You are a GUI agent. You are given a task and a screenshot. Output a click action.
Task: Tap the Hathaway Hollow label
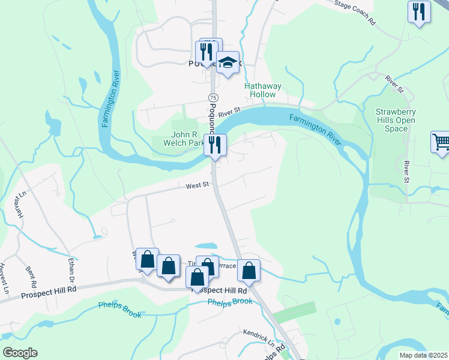point(260,90)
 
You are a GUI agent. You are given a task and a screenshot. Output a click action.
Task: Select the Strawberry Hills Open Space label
point(396,120)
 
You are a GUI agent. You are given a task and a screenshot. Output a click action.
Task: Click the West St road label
point(197,186)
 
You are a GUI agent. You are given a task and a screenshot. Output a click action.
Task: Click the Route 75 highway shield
point(213,97)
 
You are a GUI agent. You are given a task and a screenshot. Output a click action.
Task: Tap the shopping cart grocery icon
point(441,142)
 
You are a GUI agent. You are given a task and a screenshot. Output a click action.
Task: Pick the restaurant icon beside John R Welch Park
point(214,143)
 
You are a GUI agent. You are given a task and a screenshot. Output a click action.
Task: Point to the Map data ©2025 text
point(423,355)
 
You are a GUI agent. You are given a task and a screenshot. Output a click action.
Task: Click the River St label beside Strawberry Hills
point(407,172)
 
